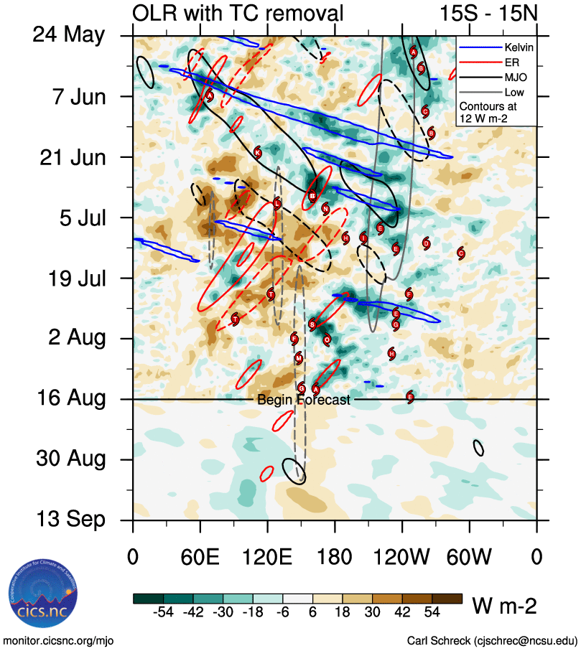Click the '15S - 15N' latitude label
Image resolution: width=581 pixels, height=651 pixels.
point(487,12)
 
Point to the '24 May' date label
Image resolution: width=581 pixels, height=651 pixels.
point(69,35)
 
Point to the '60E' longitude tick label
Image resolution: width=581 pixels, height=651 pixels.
point(200,558)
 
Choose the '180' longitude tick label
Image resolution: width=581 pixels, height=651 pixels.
point(335,558)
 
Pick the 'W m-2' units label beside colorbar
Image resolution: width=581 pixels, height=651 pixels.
point(503,606)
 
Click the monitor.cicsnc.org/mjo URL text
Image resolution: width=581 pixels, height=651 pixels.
point(59,640)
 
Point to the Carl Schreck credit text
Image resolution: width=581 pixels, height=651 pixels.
point(492,640)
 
